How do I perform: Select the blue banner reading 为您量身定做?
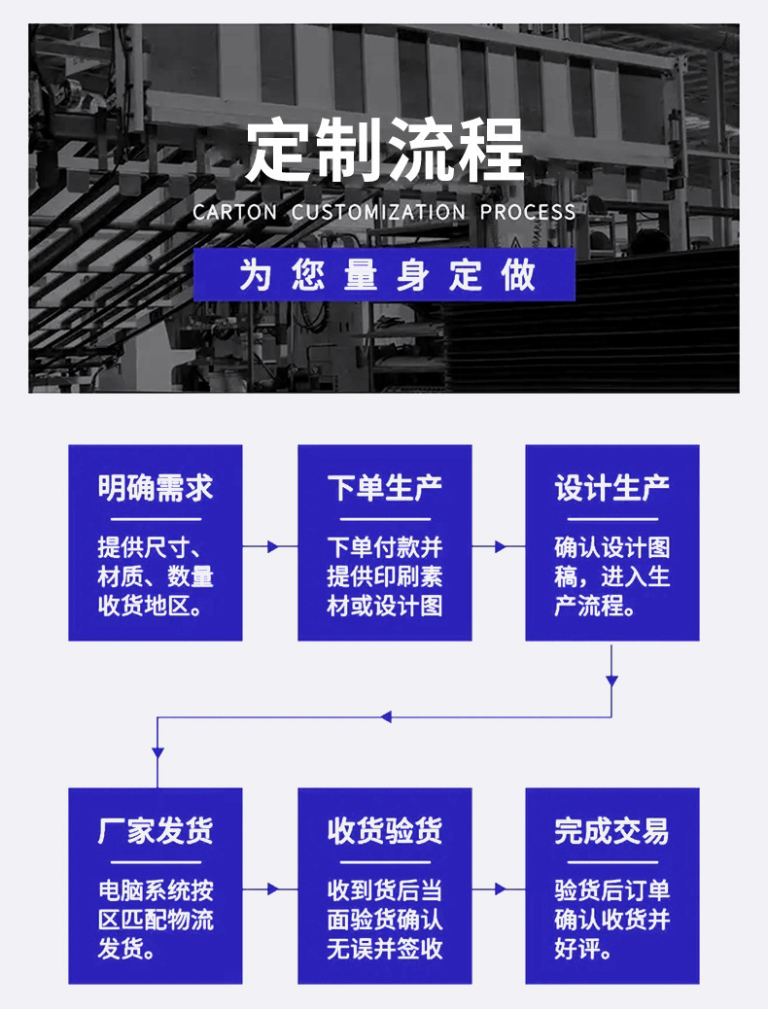point(384,274)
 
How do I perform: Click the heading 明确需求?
point(156,488)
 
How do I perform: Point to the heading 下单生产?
point(384,488)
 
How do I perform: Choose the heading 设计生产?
point(611,488)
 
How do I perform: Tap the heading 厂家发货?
point(156,831)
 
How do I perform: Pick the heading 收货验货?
point(384,831)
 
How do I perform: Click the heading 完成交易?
point(611,831)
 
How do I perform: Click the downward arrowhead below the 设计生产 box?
point(611,681)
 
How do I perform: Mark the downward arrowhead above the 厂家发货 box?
point(157,751)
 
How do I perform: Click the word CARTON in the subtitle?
point(235,212)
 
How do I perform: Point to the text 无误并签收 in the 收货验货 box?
point(384,950)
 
